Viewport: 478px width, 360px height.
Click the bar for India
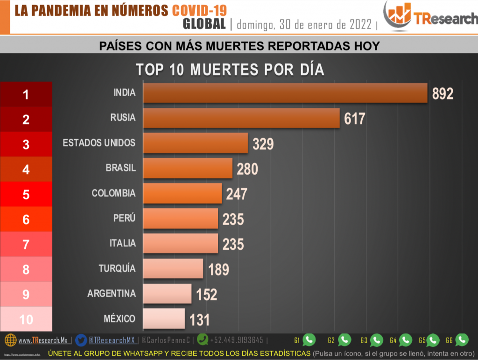click(285, 93)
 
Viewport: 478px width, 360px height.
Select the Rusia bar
click(241, 118)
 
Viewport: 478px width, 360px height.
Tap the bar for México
click(164, 319)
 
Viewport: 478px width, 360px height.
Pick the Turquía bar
click(173, 268)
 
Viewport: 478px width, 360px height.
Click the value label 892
click(443, 94)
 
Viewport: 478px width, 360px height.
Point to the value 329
click(263, 144)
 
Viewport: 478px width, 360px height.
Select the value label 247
click(236, 194)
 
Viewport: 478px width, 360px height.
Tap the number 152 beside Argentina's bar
click(206, 294)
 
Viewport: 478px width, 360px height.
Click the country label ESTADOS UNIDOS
click(99, 142)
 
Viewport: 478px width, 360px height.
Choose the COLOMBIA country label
click(113, 193)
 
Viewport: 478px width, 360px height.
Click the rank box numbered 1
click(26, 94)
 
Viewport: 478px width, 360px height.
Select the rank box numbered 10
click(26, 319)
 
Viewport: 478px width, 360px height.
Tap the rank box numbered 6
click(26, 219)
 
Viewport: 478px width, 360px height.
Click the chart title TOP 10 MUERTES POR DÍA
click(230, 70)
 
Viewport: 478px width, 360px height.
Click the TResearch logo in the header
click(430, 17)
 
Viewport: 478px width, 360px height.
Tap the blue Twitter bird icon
click(81, 340)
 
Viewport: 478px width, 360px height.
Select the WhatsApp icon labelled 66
click(462, 340)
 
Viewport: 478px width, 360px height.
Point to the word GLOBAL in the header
click(204, 24)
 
